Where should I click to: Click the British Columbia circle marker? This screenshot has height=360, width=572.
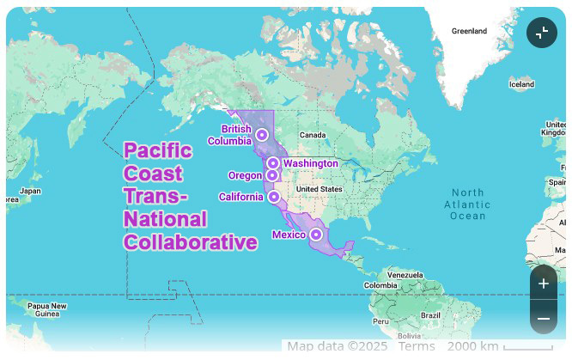261,135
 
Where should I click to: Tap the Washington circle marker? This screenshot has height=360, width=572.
272,163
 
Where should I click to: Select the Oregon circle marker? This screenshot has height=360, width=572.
272,175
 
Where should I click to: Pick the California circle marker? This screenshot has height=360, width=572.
273,197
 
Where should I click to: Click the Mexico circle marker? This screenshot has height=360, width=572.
316,234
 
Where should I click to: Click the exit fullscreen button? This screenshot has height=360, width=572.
542,33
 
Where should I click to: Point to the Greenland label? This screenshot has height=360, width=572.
469,31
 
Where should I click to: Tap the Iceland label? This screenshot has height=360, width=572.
521,84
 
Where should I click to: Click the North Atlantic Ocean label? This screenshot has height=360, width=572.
468,204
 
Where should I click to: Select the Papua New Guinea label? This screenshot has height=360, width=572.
47,309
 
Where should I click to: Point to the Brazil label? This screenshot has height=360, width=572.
430,315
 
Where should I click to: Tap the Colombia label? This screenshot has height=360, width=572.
380,285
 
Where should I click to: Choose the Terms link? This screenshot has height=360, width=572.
417,346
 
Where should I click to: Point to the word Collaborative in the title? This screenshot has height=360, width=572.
191,243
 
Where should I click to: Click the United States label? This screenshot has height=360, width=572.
319,189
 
